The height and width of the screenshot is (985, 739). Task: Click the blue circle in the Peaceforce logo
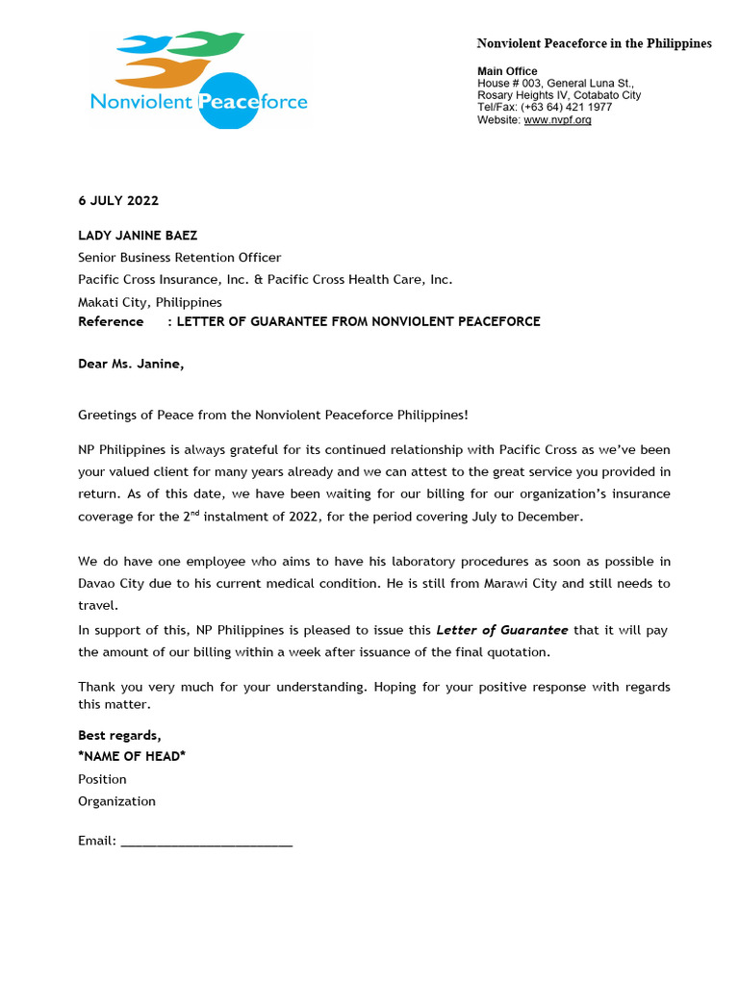[x=227, y=100]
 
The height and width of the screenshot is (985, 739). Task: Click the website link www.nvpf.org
[x=557, y=119]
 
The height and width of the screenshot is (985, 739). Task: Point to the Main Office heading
[x=507, y=71]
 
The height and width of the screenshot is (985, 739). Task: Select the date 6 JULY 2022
[x=118, y=201]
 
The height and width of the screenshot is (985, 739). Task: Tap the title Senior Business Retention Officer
[x=179, y=257]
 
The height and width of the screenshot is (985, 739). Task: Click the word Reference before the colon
[x=111, y=321]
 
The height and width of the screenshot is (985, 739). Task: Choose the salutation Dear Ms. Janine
[x=131, y=364]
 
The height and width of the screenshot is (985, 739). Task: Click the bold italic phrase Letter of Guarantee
[x=501, y=630]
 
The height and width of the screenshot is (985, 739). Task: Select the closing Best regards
[x=119, y=735]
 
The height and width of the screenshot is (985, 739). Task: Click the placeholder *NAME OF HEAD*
[x=132, y=756]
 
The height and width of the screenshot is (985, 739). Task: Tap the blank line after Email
[x=207, y=842]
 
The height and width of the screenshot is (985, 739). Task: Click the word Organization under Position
[x=116, y=801]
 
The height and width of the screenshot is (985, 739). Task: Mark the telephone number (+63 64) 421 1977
[x=567, y=107]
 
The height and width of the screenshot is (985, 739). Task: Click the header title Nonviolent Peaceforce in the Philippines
[x=595, y=43]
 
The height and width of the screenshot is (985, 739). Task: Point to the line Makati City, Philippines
[x=149, y=302]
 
